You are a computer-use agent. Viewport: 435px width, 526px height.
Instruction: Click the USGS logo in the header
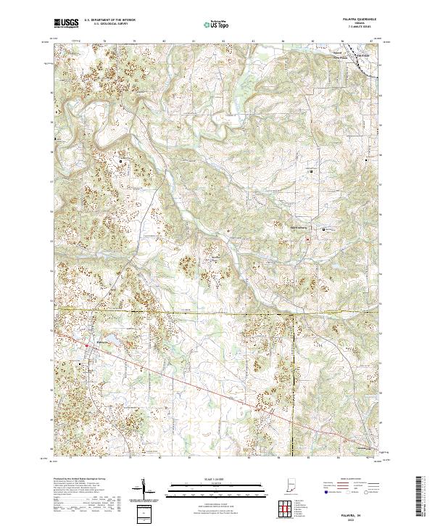click(66, 23)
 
